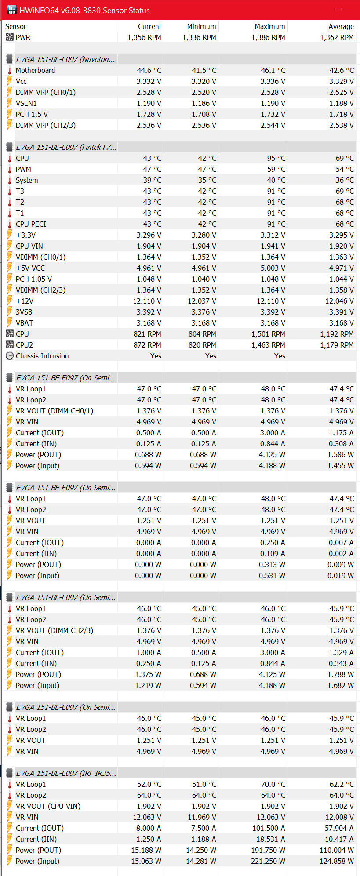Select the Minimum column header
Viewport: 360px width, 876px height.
[x=201, y=26]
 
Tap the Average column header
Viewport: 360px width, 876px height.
[x=341, y=26]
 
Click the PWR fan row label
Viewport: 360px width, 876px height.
[x=23, y=37]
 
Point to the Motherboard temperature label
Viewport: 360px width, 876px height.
[x=36, y=70]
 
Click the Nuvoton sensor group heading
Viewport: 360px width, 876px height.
[x=65, y=59]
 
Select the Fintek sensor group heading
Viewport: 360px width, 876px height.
[x=66, y=147]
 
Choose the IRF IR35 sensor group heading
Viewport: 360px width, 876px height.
[x=66, y=773]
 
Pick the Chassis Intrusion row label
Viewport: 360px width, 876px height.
[x=42, y=356]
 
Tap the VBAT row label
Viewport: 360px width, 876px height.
[x=25, y=323]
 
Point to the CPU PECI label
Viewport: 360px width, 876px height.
[x=31, y=224]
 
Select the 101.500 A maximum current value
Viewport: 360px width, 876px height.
[x=269, y=828]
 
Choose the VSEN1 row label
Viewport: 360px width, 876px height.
[x=26, y=103]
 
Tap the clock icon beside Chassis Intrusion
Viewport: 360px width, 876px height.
[x=10, y=356]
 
